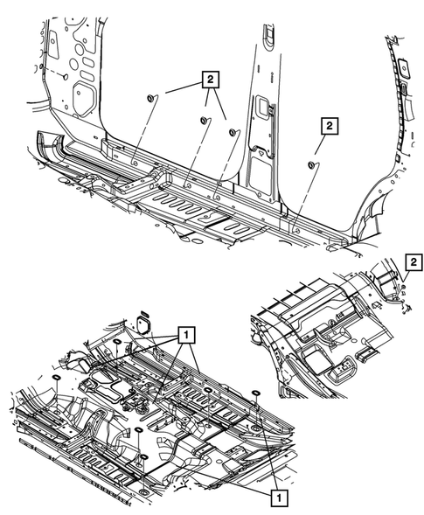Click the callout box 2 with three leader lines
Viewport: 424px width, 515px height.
pos(210,80)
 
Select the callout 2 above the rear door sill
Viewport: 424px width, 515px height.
pos(330,126)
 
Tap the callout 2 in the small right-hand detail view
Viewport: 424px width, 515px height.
pos(414,262)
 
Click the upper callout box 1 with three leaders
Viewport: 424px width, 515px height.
pos(186,335)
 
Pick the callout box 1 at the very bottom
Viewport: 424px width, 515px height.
pos(279,498)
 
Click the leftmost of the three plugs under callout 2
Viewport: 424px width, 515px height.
pos(150,98)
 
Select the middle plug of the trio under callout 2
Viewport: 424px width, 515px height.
pos(204,120)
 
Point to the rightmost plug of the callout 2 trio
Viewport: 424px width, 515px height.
pos(233,132)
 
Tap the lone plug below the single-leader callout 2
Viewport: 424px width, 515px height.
pos(310,165)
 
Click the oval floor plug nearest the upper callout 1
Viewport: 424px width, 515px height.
pos(117,342)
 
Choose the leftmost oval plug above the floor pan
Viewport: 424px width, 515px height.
pos(56,377)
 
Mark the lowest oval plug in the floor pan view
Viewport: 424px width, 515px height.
pos(143,457)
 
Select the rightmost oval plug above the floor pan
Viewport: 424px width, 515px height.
pos(256,393)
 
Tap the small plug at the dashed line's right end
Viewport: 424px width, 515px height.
pos(65,77)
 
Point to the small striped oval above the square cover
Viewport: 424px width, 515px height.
pos(145,311)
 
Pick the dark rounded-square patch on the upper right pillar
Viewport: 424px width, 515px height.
pos(404,67)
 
